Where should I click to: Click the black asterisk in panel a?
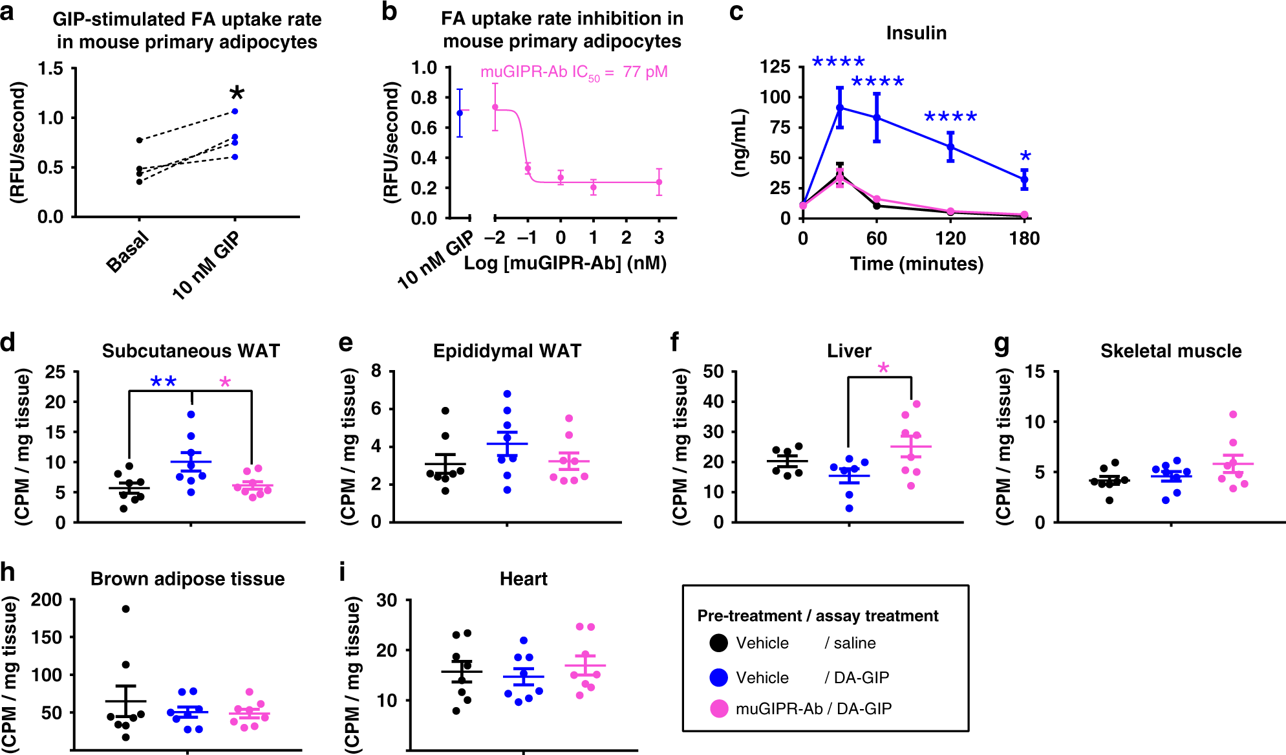click(237, 93)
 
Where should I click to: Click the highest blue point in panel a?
click(235, 111)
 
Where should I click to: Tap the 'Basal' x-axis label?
click(127, 253)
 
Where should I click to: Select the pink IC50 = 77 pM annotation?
click(573, 72)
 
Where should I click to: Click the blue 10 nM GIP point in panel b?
click(460, 113)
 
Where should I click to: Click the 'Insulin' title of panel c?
click(916, 33)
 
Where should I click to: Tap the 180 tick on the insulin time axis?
click(1024, 239)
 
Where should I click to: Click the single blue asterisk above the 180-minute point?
click(1025, 156)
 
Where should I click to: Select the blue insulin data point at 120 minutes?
click(950, 147)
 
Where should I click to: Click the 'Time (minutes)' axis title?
click(916, 264)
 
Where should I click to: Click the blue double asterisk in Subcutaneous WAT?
click(164, 382)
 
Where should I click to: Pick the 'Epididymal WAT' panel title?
click(507, 351)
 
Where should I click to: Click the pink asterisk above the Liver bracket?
click(883, 369)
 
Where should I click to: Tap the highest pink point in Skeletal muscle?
click(1233, 415)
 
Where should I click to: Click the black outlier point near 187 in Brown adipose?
click(126, 609)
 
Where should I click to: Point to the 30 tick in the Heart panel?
click(387, 600)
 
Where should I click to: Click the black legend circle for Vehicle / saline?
click(718, 643)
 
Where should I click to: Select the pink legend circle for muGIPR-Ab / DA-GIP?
click(719, 708)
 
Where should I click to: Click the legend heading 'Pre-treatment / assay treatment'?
click(817, 616)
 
